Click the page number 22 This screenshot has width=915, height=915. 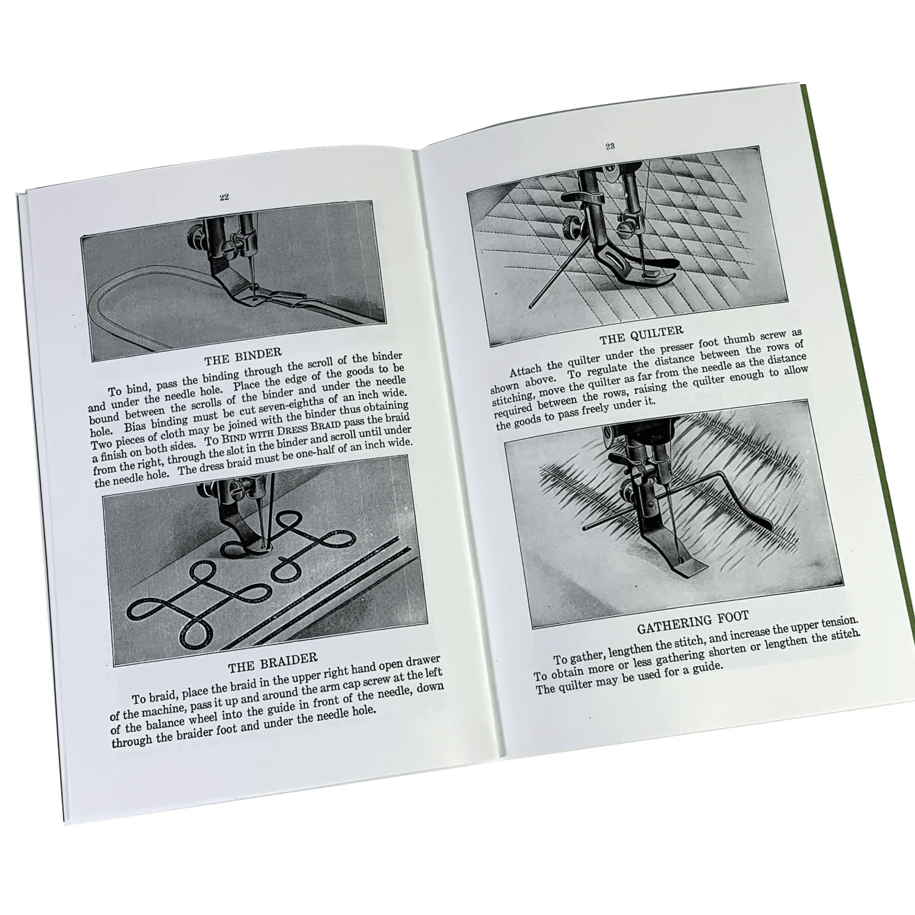[224, 197]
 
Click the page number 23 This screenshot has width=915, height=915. [610, 146]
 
